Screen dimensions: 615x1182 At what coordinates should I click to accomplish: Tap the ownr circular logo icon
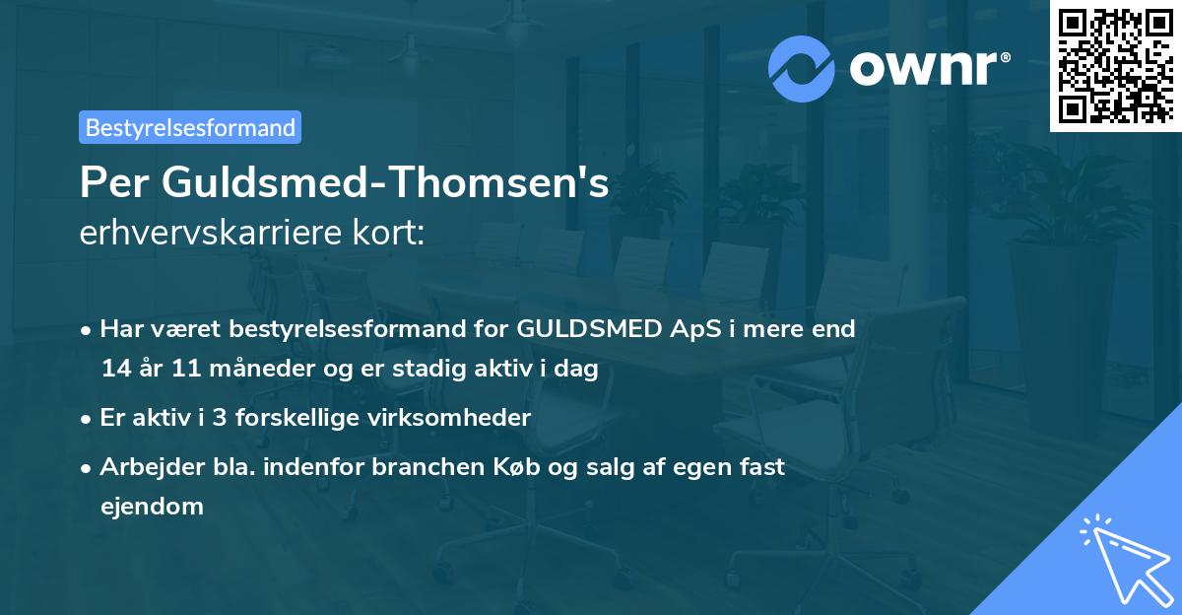pos(803,68)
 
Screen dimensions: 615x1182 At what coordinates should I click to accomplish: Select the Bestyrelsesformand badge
pos(190,127)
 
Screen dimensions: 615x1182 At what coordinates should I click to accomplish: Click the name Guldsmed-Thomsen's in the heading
pos(387,184)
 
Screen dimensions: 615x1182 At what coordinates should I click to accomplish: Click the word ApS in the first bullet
pos(698,329)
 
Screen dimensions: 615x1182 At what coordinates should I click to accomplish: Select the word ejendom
pos(152,507)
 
